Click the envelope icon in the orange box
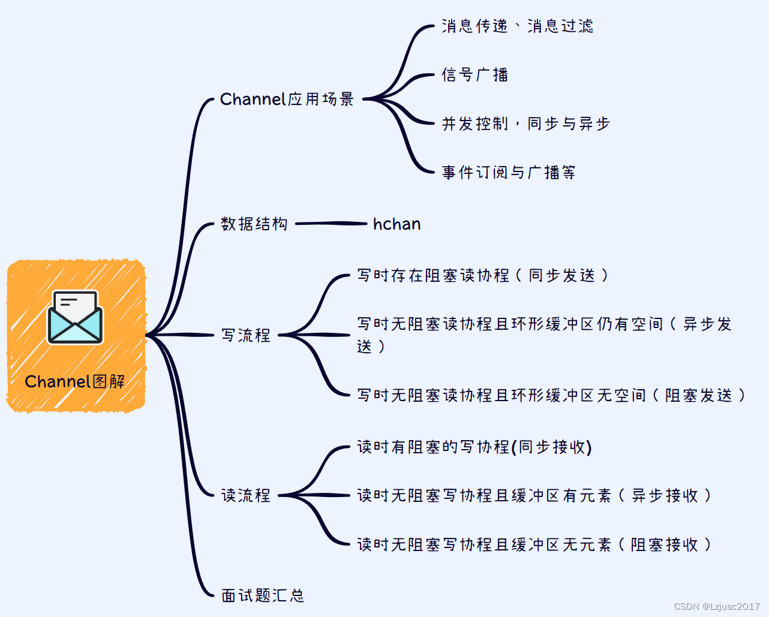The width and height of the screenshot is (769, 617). (x=75, y=317)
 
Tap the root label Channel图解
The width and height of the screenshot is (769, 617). (x=75, y=381)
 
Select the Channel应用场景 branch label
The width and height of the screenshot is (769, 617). (x=287, y=99)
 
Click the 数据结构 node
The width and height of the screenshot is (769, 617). (x=254, y=224)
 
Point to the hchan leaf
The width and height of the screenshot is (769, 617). (x=396, y=224)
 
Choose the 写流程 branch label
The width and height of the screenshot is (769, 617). (x=246, y=335)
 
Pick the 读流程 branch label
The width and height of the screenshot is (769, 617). (x=246, y=495)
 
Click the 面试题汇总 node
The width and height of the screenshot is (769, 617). (x=263, y=595)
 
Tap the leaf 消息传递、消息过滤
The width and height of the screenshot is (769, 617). (x=517, y=26)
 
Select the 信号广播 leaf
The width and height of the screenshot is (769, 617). (x=474, y=75)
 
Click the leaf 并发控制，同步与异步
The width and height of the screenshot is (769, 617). (x=525, y=124)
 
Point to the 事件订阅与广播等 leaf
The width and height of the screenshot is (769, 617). (x=509, y=173)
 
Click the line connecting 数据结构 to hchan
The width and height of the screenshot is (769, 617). (x=331, y=224)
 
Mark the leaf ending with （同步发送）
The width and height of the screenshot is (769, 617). (x=483, y=275)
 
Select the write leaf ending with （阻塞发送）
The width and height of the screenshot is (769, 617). (x=551, y=395)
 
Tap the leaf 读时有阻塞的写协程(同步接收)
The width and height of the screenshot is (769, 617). (x=474, y=447)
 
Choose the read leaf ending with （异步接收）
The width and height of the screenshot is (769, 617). (x=534, y=495)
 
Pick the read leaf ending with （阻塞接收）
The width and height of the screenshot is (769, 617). (x=534, y=544)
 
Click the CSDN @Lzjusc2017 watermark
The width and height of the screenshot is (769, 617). (x=717, y=606)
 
